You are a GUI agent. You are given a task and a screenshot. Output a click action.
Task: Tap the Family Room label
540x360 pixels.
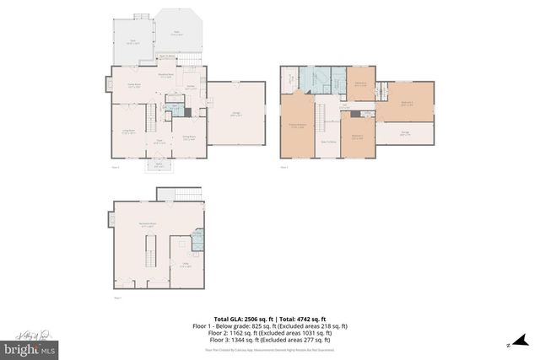(133, 86)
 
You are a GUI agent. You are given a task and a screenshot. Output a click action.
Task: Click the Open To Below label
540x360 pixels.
(329, 142)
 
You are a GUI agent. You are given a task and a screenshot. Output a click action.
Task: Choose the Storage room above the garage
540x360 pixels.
(405, 133)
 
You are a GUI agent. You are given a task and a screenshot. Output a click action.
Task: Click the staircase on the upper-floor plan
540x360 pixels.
(321, 113)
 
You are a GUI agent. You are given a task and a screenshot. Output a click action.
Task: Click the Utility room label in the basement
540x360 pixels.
(183, 265)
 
